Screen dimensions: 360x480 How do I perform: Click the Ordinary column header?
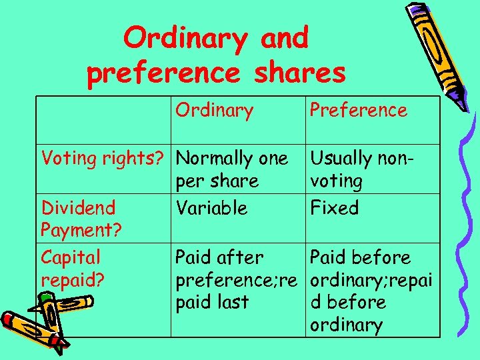point(214,110)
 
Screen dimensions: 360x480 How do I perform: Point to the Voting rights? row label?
point(103,159)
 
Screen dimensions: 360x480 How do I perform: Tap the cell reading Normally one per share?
point(231,169)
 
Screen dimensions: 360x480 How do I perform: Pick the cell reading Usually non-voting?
point(360,169)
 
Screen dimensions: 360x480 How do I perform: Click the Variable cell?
point(211,208)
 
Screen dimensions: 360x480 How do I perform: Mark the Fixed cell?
point(335,208)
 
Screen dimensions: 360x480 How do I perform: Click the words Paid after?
point(219,257)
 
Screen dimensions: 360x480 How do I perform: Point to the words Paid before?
point(360,257)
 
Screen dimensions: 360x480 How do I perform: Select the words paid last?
point(211,302)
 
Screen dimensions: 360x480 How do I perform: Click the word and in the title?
point(285,39)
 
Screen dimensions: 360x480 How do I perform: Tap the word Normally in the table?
point(213,159)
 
